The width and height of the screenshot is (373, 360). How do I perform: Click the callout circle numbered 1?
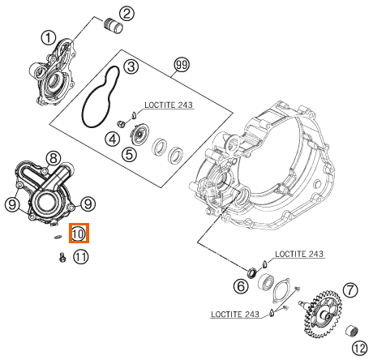(x=49, y=38)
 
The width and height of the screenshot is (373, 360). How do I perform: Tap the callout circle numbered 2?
(x=126, y=14)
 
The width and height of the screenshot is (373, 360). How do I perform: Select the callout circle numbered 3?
(x=131, y=66)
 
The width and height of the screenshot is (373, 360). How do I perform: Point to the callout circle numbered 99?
(x=182, y=65)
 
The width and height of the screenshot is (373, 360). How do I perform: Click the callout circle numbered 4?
(x=113, y=139)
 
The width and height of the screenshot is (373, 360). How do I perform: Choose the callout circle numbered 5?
(x=129, y=155)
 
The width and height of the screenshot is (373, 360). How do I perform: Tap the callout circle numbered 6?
(x=241, y=286)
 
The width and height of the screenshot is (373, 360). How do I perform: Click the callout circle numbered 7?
(x=350, y=290)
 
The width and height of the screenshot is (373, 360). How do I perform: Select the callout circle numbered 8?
(x=54, y=158)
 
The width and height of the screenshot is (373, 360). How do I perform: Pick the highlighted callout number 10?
(x=79, y=233)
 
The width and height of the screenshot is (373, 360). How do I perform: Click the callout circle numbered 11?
(x=80, y=257)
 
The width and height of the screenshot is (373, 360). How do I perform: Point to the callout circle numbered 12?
(x=360, y=349)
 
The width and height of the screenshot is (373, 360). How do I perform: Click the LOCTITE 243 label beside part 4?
(x=169, y=105)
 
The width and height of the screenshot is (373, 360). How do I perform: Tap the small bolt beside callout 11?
(x=62, y=257)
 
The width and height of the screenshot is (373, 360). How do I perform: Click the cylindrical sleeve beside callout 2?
(x=114, y=25)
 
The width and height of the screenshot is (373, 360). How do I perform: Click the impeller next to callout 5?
(x=139, y=132)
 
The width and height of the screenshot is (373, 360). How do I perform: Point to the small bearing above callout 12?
(x=353, y=332)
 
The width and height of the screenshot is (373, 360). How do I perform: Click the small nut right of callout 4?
(x=121, y=124)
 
